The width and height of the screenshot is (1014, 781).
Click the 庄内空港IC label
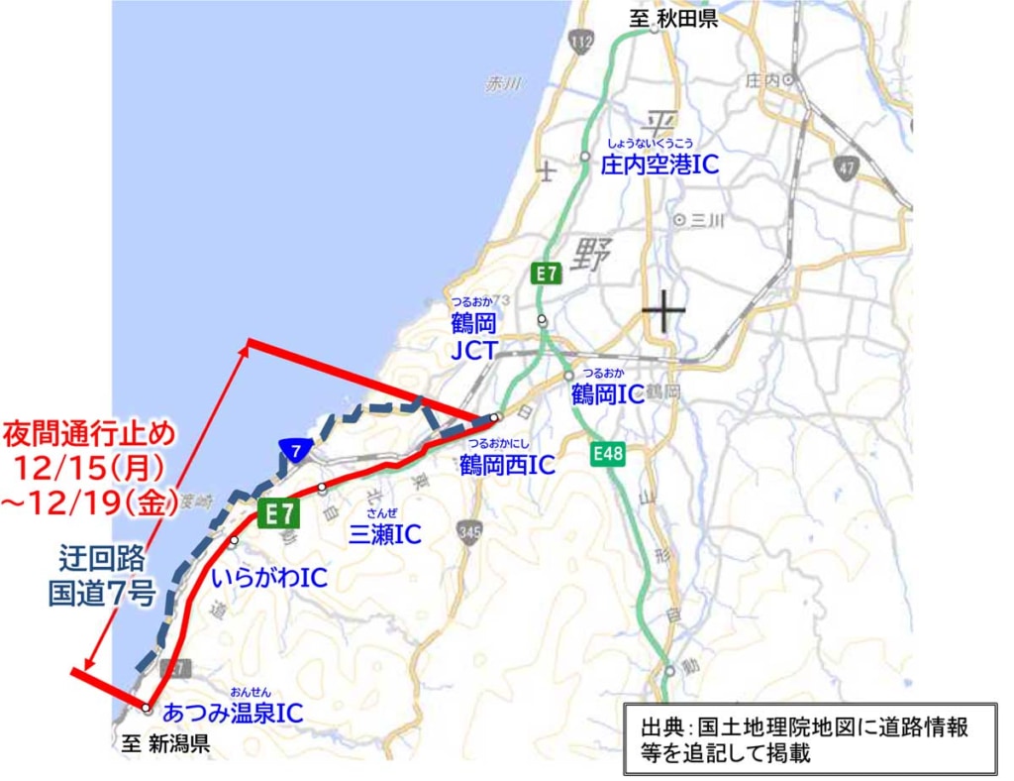click(659, 165)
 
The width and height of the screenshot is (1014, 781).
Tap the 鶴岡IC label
click(608, 394)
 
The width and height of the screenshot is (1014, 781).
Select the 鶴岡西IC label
click(507, 464)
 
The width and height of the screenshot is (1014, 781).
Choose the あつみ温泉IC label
click(232, 712)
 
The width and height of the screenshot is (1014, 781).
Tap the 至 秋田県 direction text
click(673, 20)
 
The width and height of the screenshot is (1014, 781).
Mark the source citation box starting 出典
click(809, 739)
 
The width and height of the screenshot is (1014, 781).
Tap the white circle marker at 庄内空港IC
click(586, 156)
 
